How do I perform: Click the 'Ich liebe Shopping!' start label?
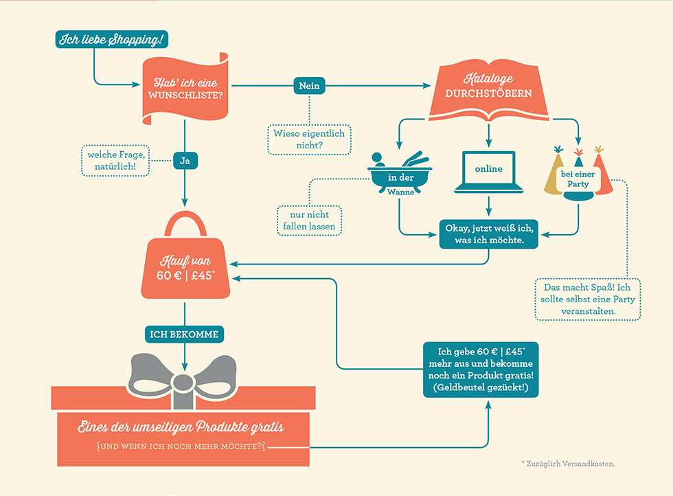[x=111, y=40]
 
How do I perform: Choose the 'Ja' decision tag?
[x=184, y=161]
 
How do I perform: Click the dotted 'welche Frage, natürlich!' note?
[x=115, y=160]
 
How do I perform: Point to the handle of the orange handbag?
[x=185, y=221]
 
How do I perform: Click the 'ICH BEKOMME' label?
[x=184, y=335]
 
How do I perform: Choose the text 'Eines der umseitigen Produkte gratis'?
[x=181, y=427]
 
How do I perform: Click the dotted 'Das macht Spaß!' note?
[x=587, y=298]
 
